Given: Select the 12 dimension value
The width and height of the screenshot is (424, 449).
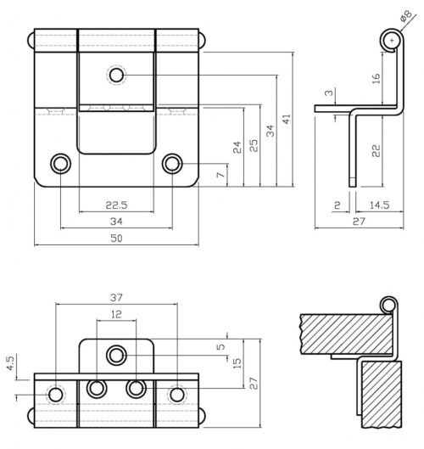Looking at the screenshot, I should point(116,314).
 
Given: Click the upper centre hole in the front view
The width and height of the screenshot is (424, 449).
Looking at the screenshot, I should point(116,76).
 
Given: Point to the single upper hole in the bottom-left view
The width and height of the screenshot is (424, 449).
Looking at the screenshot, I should point(116,354).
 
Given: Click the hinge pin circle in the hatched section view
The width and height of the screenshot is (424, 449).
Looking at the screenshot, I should point(388,305).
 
